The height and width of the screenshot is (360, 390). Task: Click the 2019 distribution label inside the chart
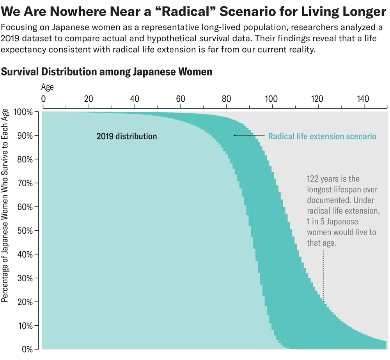point(126,136)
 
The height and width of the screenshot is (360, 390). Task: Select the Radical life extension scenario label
point(322,136)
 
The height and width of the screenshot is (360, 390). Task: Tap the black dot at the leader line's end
point(234,136)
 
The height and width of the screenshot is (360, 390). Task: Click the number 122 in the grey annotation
point(314,179)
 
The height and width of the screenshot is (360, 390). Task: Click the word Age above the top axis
point(47,87)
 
